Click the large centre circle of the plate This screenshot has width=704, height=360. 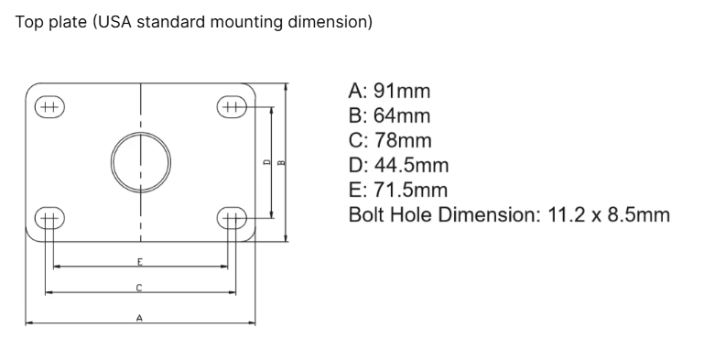[111, 162]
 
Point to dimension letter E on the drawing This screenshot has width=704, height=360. [140, 262]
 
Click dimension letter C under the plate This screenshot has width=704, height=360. [139, 288]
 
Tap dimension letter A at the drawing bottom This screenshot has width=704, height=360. [140, 318]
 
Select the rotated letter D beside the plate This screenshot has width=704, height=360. [266, 162]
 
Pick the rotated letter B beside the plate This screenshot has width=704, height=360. [282, 162]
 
